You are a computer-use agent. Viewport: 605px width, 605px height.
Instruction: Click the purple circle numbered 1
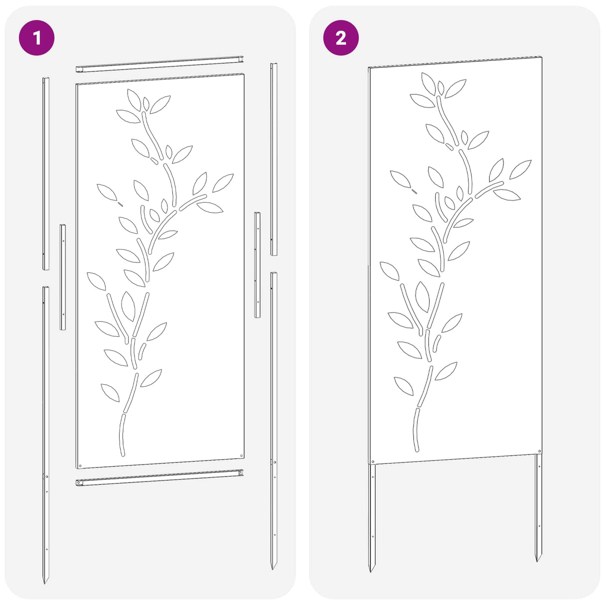pyautogui.click(x=37, y=38)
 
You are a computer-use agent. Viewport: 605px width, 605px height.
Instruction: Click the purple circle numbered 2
pyautogui.click(x=341, y=38)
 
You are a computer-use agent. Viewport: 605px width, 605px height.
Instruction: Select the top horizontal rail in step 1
pyautogui.click(x=159, y=64)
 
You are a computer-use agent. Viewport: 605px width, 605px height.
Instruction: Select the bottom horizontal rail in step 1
pyautogui.click(x=159, y=478)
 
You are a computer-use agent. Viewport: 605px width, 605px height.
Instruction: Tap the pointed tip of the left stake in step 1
pyautogui.click(x=45, y=584)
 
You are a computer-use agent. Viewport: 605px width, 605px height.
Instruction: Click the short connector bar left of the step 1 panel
pyautogui.click(x=63, y=277)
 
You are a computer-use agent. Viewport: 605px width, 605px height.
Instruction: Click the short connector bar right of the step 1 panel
pyautogui.click(x=257, y=265)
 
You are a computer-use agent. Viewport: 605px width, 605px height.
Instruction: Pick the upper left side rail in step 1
pyautogui.click(x=46, y=173)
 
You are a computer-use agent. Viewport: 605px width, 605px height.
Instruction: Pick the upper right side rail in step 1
pyautogui.click(x=274, y=159)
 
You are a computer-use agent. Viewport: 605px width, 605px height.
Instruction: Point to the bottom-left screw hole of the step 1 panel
pyautogui.click(x=80, y=465)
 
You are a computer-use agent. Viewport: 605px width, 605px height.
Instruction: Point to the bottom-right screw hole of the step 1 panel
pyautogui.click(x=241, y=455)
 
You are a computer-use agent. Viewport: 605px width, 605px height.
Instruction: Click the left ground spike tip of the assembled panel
pyautogui.click(x=370, y=572)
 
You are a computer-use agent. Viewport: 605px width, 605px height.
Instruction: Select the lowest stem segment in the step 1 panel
pyautogui.click(x=122, y=435)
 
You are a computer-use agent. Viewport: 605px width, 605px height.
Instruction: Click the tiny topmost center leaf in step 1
pyautogui.click(x=146, y=104)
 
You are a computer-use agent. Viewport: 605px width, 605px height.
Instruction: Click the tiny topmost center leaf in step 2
pyautogui.click(x=441, y=88)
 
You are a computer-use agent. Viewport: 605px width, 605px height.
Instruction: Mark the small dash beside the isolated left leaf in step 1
pyautogui.click(x=121, y=204)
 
